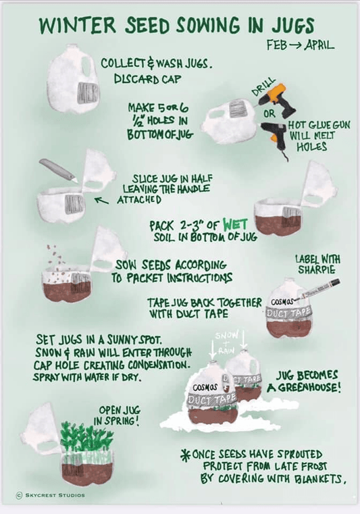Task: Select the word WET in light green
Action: point(235,224)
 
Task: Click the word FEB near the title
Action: point(277,45)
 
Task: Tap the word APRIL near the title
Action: point(319,45)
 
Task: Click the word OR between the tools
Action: point(269,113)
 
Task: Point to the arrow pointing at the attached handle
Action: point(101,199)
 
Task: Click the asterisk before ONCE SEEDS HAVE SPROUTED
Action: point(186,455)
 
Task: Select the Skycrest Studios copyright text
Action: point(51,495)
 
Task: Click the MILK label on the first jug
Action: point(88,95)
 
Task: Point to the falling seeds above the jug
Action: point(56,262)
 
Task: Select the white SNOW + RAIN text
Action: point(226,342)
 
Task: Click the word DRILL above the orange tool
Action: point(263,87)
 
